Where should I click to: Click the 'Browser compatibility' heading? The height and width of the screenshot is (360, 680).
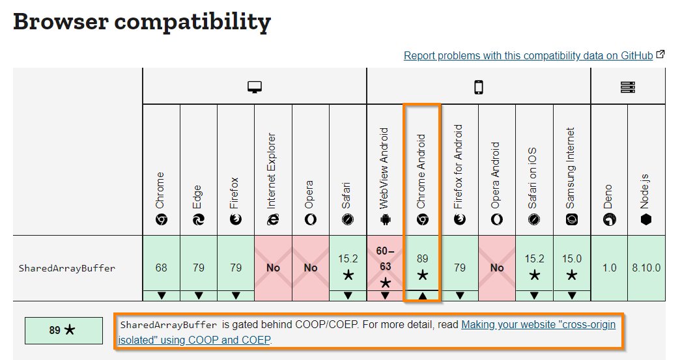click(x=141, y=21)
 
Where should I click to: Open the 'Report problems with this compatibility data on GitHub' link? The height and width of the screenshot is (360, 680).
click(x=528, y=56)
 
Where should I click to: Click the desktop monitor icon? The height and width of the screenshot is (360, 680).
click(x=255, y=87)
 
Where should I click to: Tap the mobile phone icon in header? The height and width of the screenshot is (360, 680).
click(x=479, y=87)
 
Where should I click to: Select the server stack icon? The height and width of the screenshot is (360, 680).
click(x=628, y=87)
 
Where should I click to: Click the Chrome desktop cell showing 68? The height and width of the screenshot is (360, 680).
click(x=162, y=268)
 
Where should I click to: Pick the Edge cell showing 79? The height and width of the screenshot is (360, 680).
click(x=199, y=268)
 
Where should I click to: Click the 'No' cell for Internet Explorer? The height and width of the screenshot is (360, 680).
click(x=274, y=268)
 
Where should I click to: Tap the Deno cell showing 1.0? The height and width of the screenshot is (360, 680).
click(x=609, y=268)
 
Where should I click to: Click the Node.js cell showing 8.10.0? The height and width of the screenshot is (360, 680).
click(x=646, y=268)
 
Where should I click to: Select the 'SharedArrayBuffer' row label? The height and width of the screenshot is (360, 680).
click(x=67, y=268)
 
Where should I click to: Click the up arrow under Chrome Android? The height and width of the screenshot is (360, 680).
click(x=422, y=296)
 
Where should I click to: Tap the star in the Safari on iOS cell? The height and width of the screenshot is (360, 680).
click(x=534, y=275)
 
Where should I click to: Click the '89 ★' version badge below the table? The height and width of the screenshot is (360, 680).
click(x=63, y=331)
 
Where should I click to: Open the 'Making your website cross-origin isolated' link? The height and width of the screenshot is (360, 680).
click(x=538, y=325)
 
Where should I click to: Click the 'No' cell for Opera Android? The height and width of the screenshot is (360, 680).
click(x=497, y=268)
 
